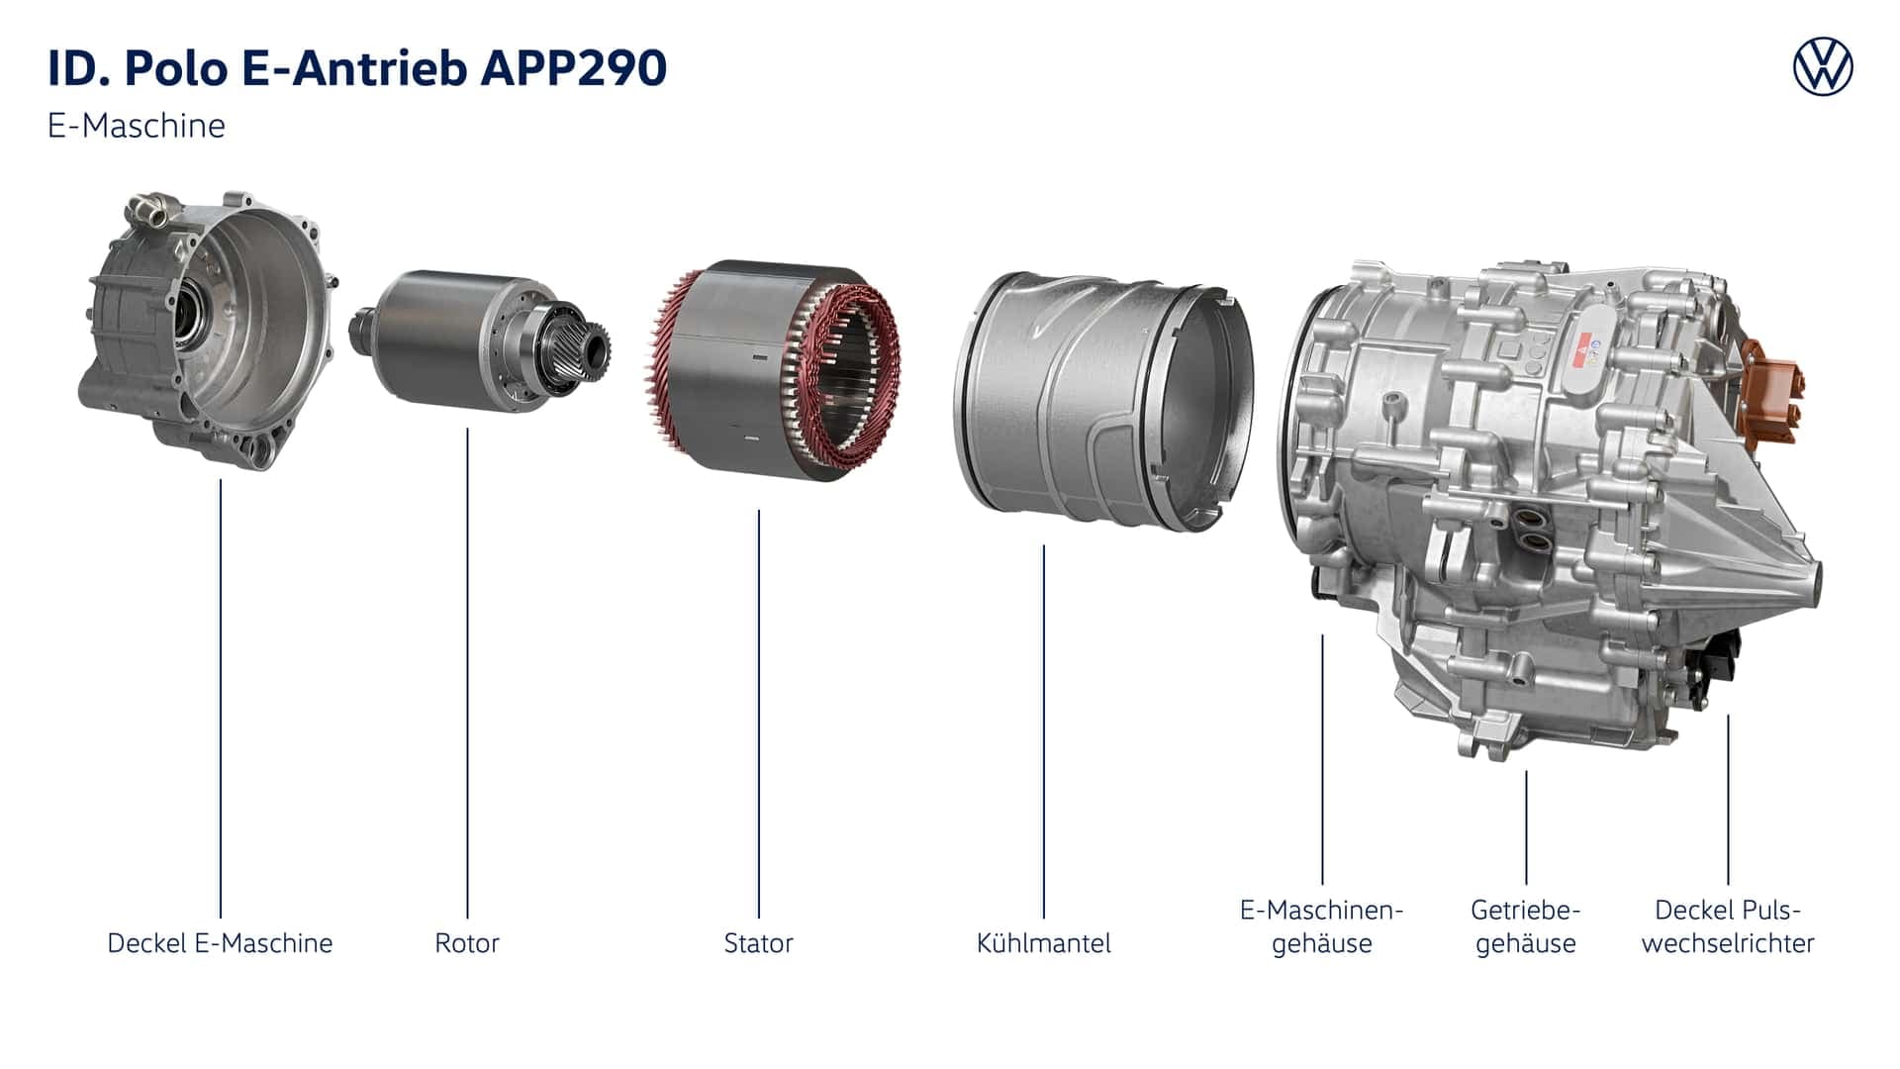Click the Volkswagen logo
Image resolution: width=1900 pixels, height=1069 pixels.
(x=1823, y=67)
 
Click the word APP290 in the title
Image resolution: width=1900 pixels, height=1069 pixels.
(x=574, y=67)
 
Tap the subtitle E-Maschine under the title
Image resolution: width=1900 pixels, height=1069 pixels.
(x=137, y=126)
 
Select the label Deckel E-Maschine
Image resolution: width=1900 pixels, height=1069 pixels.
(x=220, y=942)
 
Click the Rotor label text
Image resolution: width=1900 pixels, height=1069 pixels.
(x=466, y=942)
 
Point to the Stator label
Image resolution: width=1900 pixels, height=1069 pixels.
(x=758, y=942)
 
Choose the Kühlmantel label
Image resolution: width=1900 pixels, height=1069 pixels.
(x=1043, y=942)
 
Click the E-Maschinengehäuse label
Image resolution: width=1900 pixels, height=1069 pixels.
(x=1321, y=925)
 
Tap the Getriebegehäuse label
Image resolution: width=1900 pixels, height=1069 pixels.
(x=1525, y=925)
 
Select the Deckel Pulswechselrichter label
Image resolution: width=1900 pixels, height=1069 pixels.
(x=1727, y=925)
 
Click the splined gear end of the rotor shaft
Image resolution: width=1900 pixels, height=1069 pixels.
(x=590, y=346)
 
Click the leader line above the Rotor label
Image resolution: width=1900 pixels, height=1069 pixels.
(x=467, y=673)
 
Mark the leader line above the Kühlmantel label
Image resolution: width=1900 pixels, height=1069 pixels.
(x=1043, y=732)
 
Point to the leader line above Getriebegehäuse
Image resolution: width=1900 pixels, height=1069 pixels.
(x=1526, y=826)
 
